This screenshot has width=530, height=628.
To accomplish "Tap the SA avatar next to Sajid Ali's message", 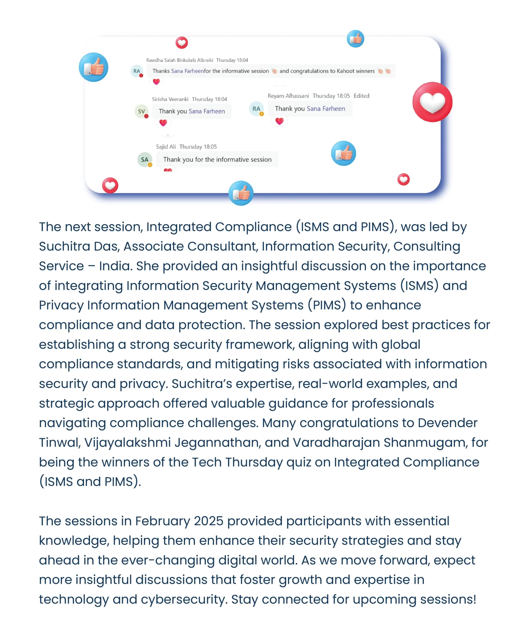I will (145, 160).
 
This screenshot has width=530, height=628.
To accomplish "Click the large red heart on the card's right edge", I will (432, 102).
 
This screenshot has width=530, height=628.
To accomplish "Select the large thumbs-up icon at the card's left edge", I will (93, 67).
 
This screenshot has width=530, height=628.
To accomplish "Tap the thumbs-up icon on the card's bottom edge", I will (241, 193).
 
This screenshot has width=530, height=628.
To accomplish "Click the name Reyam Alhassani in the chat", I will (288, 96).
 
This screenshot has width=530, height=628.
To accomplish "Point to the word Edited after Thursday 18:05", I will (361, 96).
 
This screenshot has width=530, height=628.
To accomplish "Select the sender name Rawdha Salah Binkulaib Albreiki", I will (179, 60).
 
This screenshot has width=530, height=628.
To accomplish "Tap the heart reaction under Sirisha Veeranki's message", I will (163, 123).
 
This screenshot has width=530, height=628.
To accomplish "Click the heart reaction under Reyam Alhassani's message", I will (279, 121).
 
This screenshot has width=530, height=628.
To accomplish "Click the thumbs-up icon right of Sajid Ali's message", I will (344, 153).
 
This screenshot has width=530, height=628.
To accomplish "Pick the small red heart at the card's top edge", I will (182, 43).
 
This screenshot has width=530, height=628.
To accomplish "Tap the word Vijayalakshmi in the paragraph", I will (127, 443).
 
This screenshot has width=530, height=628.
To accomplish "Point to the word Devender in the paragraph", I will (447, 423).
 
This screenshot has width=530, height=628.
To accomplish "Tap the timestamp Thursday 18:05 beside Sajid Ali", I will (198, 147).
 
